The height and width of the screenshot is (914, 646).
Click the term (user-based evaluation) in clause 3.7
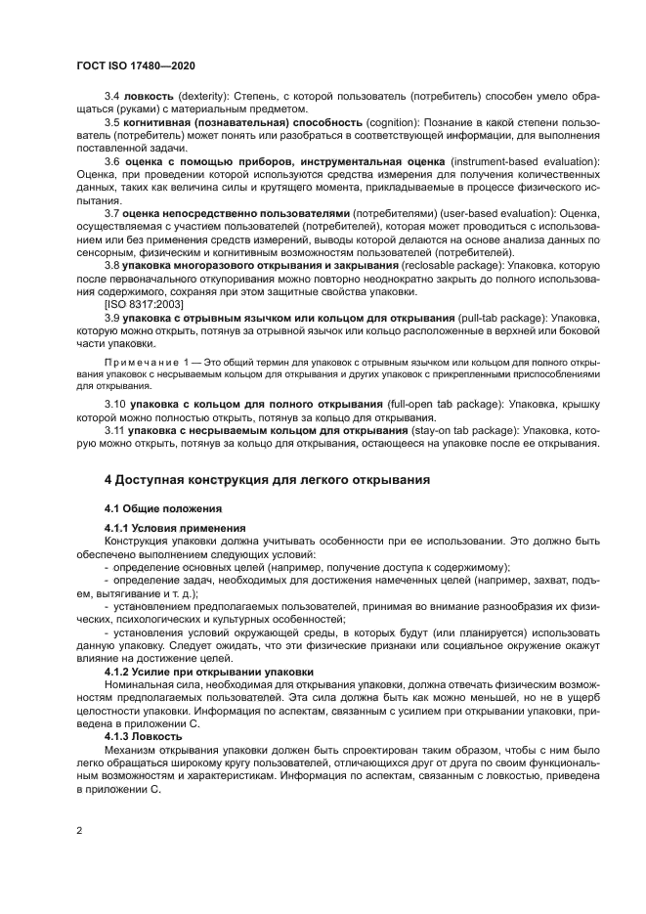pyautogui.click(x=464, y=212)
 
